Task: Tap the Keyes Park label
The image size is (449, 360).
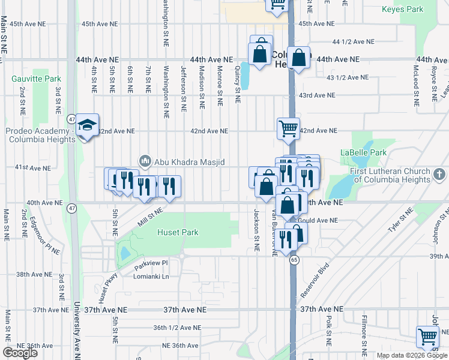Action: click(402, 10)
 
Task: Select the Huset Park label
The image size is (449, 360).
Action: click(178, 232)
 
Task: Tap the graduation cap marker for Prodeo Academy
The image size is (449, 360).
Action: click(87, 125)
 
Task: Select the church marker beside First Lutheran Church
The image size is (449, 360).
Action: click(440, 174)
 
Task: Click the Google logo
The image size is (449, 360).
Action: click(20, 353)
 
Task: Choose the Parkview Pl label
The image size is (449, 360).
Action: click(149, 263)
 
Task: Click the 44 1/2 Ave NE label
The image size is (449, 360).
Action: click(353, 42)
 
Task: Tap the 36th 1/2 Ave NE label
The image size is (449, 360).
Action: click(176, 328)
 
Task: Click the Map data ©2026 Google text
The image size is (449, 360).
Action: click(411, 355)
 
